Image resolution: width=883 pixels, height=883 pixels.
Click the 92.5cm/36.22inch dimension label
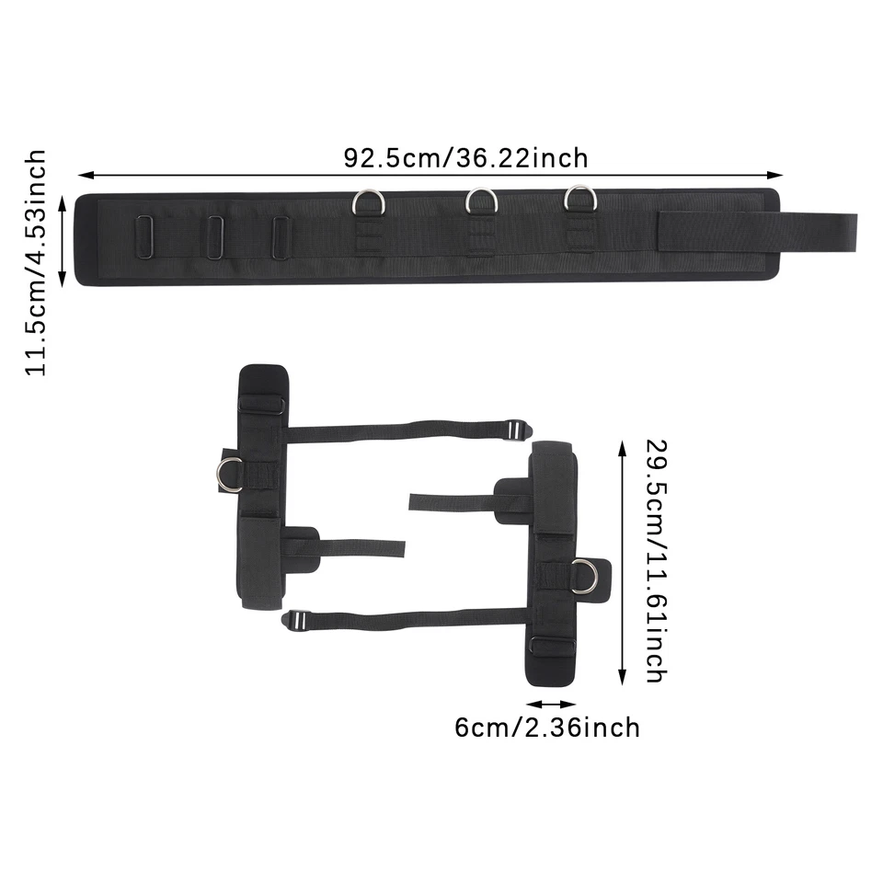click(465, 158)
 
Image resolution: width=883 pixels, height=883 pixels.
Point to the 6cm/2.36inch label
click(547, 728)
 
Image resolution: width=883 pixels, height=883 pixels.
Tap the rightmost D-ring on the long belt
click(580, 199)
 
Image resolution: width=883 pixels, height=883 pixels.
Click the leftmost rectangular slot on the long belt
click(144, 236)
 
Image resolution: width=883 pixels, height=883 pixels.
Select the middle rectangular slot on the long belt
click(215, 237)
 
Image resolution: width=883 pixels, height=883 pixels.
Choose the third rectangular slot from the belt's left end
click(281, 237)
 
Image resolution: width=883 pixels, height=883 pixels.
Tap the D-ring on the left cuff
click(230, 473)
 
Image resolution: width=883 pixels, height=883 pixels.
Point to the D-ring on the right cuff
click(584, 577)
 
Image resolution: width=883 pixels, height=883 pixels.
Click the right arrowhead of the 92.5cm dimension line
click(779, 174)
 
